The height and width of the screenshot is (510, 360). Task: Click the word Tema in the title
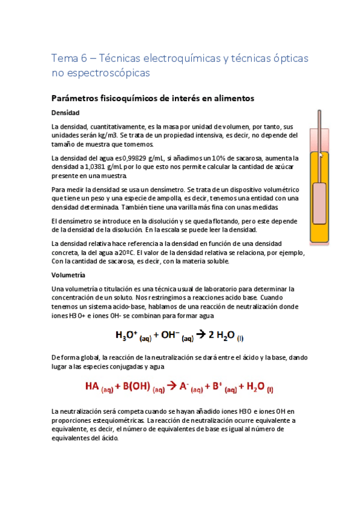(x=62, y=58)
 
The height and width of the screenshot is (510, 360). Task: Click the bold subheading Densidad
(x=66, y=112)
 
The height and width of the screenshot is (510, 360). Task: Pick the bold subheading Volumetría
(x=69, y=274)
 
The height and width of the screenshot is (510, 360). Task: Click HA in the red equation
(x=94, y=387)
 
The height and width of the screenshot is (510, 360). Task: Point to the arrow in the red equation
(x=171, y=387)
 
